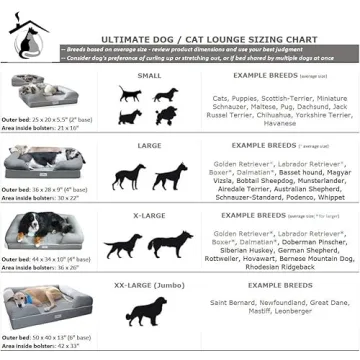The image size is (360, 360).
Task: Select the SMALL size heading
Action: (x=149, y=75)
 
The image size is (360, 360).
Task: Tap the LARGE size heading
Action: (x=149, y=145)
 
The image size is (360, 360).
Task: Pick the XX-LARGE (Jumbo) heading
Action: (x=149, y=284)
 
